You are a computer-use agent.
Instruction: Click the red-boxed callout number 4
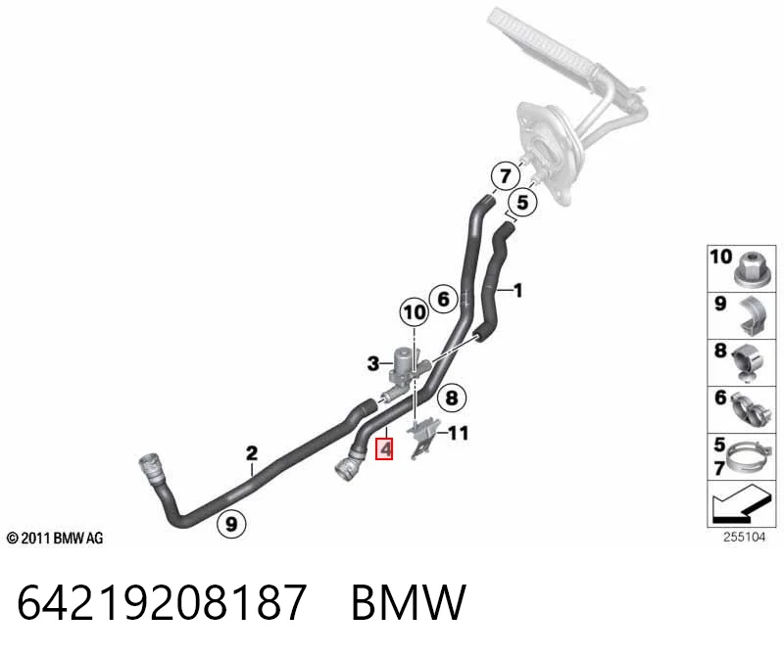(384, 448)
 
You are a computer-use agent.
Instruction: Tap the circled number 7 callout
(505, 176)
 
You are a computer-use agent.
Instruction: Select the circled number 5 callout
(522, 203)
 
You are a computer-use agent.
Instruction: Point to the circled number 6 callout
(444, 299)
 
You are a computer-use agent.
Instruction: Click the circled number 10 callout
(414, 312)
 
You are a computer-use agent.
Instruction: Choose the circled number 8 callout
(452, 398)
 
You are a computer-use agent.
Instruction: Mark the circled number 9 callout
(231, 524)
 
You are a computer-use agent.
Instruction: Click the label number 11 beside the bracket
(458, 433)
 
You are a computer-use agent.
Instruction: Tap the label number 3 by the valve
(373, 363)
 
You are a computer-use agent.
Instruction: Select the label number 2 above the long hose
(252, 453)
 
